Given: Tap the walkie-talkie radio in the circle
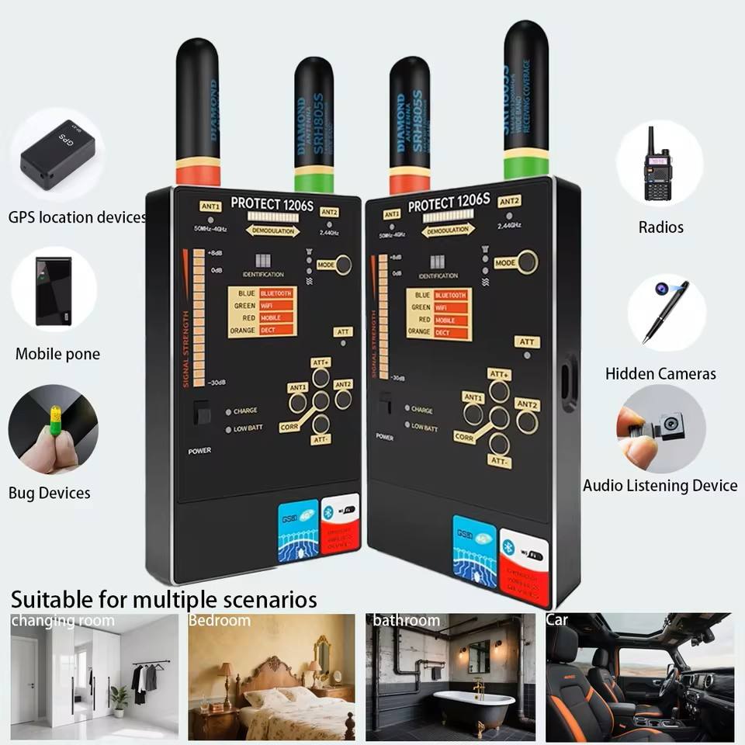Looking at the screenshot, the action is [x=658, y=165].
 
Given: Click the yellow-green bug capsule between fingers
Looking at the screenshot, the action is [x=56, y=422].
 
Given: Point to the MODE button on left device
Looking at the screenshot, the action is [x=342, y=265].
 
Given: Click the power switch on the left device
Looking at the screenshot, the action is [x=202, y=412].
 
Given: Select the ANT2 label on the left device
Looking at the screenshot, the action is [x=330, y=212].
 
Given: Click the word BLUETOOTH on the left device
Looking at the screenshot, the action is [x=276, y=293].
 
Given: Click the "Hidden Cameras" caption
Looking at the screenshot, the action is [x=660, y=374].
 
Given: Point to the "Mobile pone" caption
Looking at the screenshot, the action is [x=57, y=355].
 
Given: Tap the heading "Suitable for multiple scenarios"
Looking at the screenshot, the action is [x=164, y=599].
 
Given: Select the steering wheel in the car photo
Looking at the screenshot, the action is [x=669, y=683].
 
